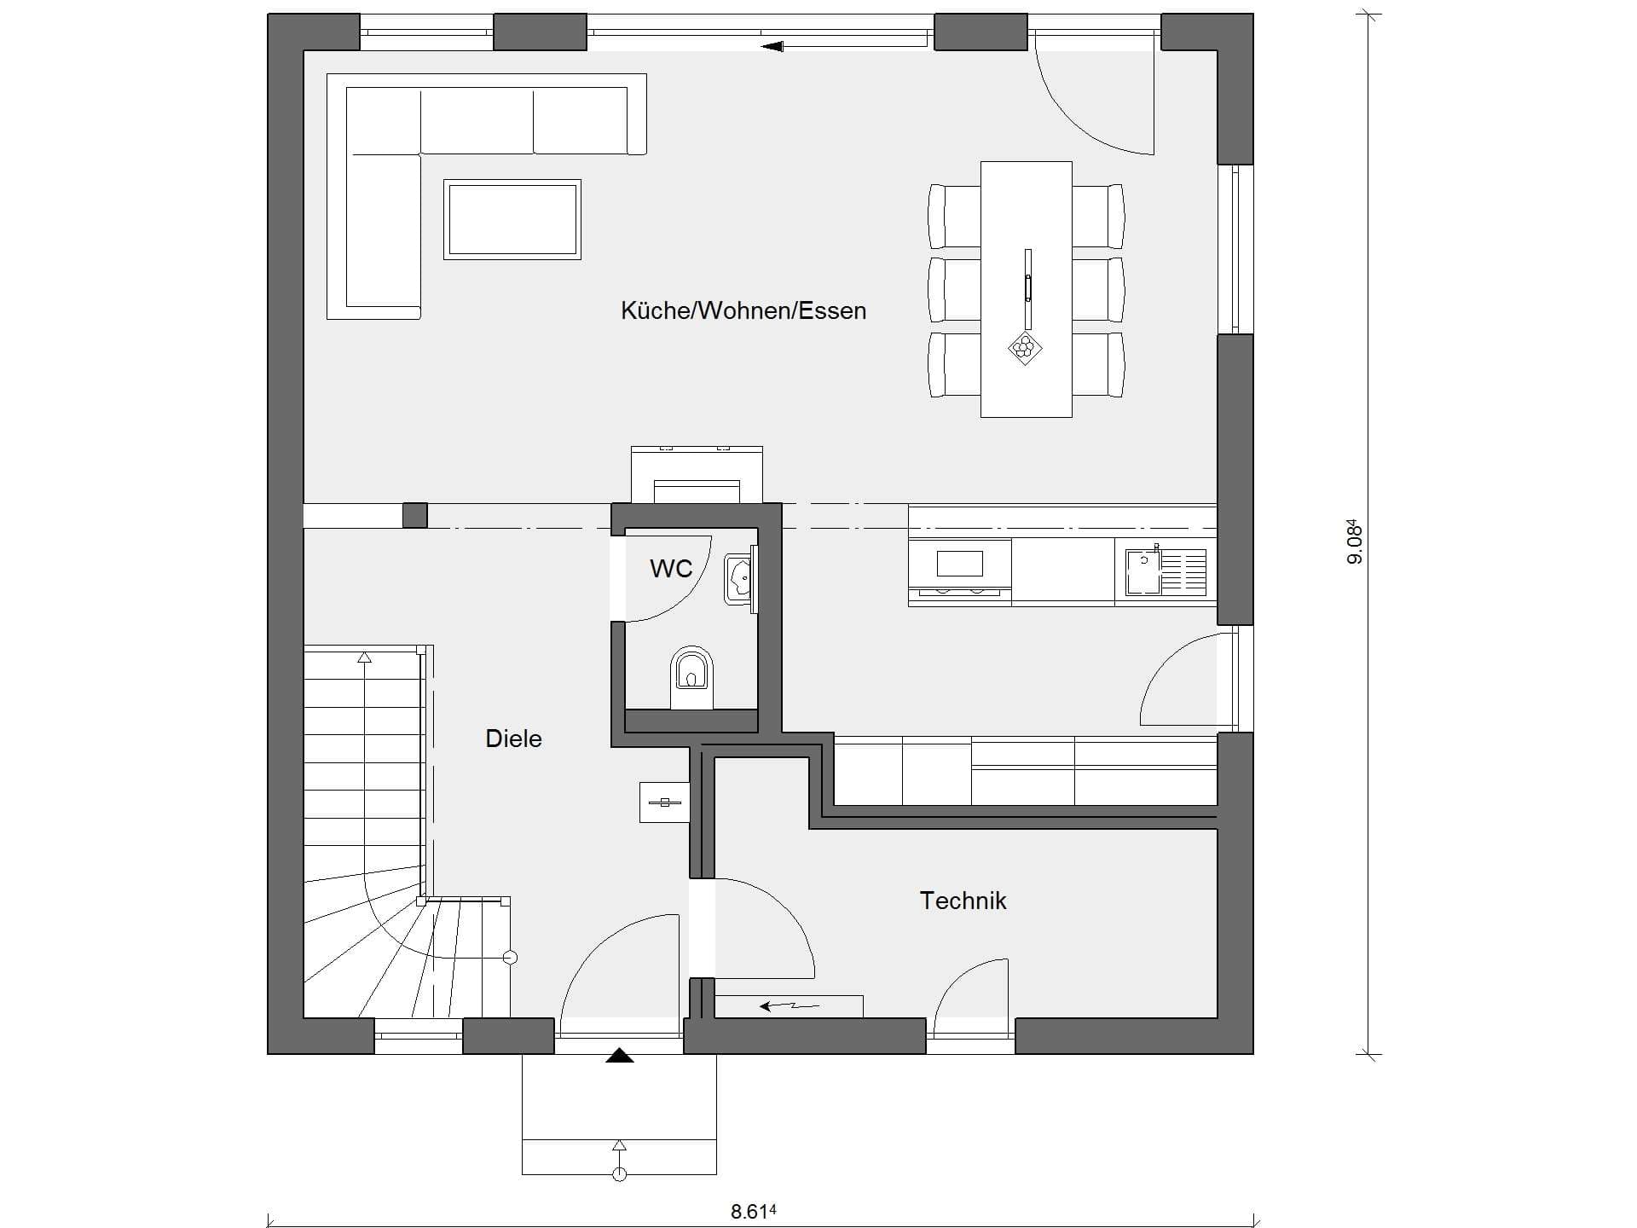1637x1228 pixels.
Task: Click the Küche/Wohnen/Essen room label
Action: [743, 310]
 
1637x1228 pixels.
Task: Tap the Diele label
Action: [513, 739]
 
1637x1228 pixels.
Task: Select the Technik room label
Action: [963, 901]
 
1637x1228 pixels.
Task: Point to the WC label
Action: [671, 569]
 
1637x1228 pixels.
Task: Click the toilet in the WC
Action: [691, 679]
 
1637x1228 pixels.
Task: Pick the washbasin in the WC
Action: [739, 579]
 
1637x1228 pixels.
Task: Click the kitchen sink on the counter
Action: [1143, 571]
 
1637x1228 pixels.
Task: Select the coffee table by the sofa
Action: [512, 219]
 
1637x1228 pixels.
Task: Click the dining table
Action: [1026, 289]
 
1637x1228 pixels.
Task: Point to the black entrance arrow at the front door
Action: [620, 1056]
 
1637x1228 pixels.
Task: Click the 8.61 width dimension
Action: [754, 1212]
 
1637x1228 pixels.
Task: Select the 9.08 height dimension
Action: [1355, 542]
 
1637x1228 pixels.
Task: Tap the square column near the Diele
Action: [414, 515]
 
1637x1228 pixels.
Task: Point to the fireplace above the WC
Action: [697, 475]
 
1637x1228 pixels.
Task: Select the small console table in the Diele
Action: [664, 802]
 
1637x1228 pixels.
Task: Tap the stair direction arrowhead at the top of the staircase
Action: [365, 657]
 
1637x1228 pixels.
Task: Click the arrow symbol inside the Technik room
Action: [790, 1006]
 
